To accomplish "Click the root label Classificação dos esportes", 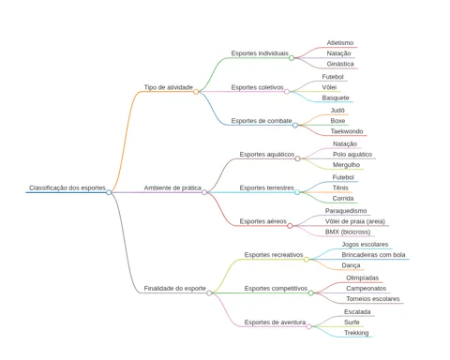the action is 67,187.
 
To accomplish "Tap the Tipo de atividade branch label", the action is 169,87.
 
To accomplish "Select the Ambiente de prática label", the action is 172,187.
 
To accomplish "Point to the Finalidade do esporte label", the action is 175,289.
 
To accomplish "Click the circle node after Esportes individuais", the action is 292,58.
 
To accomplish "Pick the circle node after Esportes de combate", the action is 295,125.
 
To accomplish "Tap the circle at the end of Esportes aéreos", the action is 290,226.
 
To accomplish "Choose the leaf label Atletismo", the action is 340,43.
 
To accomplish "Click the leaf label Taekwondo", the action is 347,131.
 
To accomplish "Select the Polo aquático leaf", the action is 352,155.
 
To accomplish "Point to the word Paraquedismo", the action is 346,211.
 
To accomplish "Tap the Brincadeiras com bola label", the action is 373,255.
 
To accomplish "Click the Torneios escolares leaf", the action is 373,299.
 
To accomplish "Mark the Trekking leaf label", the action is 356,333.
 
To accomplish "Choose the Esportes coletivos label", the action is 257,87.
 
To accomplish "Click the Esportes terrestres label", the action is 267,187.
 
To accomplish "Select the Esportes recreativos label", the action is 274,255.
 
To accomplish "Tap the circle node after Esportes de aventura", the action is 309,326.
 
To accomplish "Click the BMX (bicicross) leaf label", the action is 348,232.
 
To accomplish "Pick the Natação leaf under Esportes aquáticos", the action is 345,143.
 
